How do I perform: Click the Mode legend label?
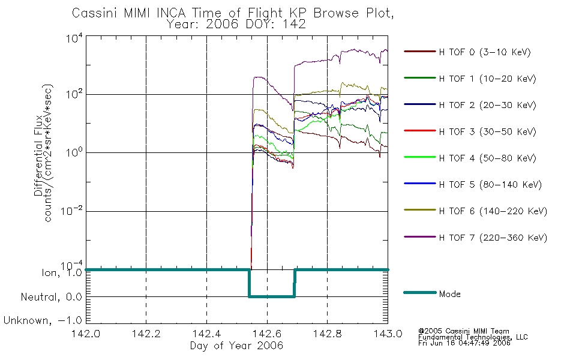pos(449,294)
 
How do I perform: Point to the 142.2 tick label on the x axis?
pos(146,334)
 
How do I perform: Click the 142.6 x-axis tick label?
pos(267,334)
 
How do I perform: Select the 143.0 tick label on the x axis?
pos(388,334)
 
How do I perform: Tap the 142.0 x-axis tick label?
pos(86,334)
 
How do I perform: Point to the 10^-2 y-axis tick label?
pos(71,211)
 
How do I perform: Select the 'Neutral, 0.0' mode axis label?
pos(52,297)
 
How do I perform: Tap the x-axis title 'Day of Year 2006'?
pos(236,346)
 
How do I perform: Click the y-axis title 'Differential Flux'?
pos(38,155)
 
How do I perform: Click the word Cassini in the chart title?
pos(95,13)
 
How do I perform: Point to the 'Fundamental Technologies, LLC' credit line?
pos(473,337)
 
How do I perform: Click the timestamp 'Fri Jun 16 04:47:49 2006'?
pos(464,343)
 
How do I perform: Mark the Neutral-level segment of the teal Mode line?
pos(272,297)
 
